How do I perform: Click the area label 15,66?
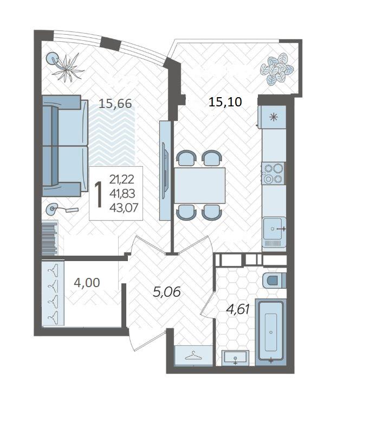[115, 104]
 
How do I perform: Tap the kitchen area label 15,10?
[225, 102]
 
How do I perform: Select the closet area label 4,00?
[87, 282]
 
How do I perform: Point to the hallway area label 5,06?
[166, 291]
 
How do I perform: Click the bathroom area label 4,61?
[238, 309]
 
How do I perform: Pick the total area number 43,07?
[124, 208]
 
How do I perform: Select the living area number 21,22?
[121, 179]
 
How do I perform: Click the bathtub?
[271, 332]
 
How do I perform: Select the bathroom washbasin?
[235, 358]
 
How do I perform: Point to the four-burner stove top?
[273, 173]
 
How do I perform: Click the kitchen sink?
[274, 229]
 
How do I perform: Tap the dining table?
[199, 186]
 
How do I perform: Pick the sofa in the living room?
[65, 146]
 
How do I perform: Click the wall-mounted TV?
[165, 171]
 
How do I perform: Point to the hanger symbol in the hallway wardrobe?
[193, 356]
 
